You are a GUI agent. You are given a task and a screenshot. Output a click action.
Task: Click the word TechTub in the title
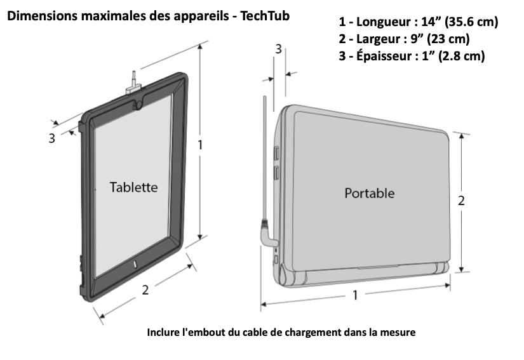click(265, 16)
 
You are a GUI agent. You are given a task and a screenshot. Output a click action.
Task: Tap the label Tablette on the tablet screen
click(133, 187)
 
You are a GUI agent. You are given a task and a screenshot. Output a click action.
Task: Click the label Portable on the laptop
click(369, 194)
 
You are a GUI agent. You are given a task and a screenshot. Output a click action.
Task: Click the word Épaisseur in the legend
click(384, 55)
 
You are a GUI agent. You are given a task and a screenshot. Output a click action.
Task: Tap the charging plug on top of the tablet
click(133, 84)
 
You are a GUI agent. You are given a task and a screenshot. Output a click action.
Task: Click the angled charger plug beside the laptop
click(268, 234)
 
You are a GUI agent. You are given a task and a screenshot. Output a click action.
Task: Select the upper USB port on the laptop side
click(277, 154)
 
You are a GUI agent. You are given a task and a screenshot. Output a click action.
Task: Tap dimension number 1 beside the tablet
click(200, 145)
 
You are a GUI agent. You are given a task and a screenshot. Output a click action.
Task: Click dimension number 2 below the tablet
click(145, 290)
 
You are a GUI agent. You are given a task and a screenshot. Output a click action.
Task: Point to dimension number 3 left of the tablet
click(51, 138)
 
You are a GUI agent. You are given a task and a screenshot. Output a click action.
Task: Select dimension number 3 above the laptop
click(278, 49)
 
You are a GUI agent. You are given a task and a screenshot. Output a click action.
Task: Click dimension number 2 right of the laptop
click(461, 201)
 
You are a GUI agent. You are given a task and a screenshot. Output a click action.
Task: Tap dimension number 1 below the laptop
click(355, 295)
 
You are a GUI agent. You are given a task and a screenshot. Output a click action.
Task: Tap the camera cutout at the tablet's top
click(138, 104)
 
